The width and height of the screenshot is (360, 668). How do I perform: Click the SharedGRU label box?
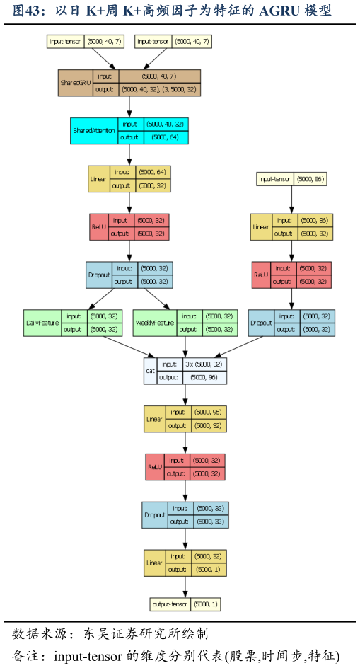76,83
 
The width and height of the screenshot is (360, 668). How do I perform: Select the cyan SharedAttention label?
94,131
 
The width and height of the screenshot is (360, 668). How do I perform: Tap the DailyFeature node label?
42,323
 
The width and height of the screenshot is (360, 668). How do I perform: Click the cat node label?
151,371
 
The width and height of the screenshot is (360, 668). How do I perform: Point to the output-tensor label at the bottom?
170,604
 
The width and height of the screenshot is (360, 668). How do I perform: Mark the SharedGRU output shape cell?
159,89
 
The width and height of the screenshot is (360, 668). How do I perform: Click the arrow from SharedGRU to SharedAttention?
129,107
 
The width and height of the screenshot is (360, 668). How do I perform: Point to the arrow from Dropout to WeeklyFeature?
157,299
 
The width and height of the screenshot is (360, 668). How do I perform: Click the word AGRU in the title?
279,11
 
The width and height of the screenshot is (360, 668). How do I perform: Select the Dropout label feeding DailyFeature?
99,275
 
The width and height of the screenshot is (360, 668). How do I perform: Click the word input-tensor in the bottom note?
87,656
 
